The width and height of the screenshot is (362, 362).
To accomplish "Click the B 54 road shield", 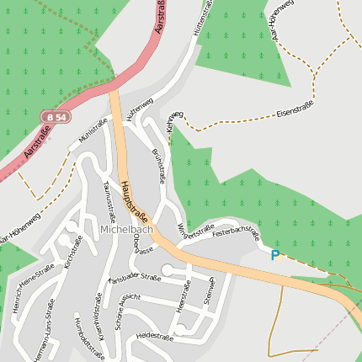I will (x=57, y=116).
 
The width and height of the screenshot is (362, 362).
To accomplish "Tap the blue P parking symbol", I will (x=274, y=254).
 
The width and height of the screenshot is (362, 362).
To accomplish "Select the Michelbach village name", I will (x=125, y=229).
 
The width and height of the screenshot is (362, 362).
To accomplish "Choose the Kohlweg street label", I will (x=173, y=120).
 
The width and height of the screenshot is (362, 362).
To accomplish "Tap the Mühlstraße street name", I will (x=93, y=134).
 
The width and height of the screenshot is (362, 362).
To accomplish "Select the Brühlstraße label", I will (x=157, y=166).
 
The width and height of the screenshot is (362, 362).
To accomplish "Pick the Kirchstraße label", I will (x=74, y=253).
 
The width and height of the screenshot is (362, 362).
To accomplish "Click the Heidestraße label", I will (x=153, y=336).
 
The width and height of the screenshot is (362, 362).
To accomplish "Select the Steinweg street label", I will (x=211, y=290).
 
